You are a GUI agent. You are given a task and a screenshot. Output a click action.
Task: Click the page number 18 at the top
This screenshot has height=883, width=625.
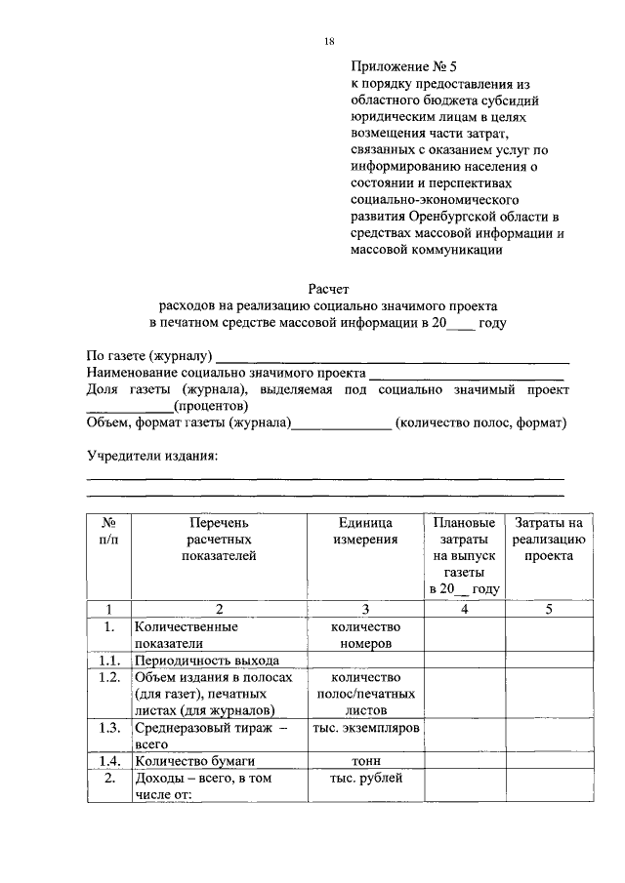point(329,41)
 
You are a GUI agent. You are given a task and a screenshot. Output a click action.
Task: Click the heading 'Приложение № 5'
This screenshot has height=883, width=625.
point(403,67)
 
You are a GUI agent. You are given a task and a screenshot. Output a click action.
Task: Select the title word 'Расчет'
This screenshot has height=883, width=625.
point(329,288)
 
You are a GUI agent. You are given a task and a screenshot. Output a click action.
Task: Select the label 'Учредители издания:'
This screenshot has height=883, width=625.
point(152,457)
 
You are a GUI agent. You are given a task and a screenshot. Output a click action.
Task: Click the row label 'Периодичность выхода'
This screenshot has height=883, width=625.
point(200,660)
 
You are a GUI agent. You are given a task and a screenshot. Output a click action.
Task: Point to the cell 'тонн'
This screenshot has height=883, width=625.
point(365,760)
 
